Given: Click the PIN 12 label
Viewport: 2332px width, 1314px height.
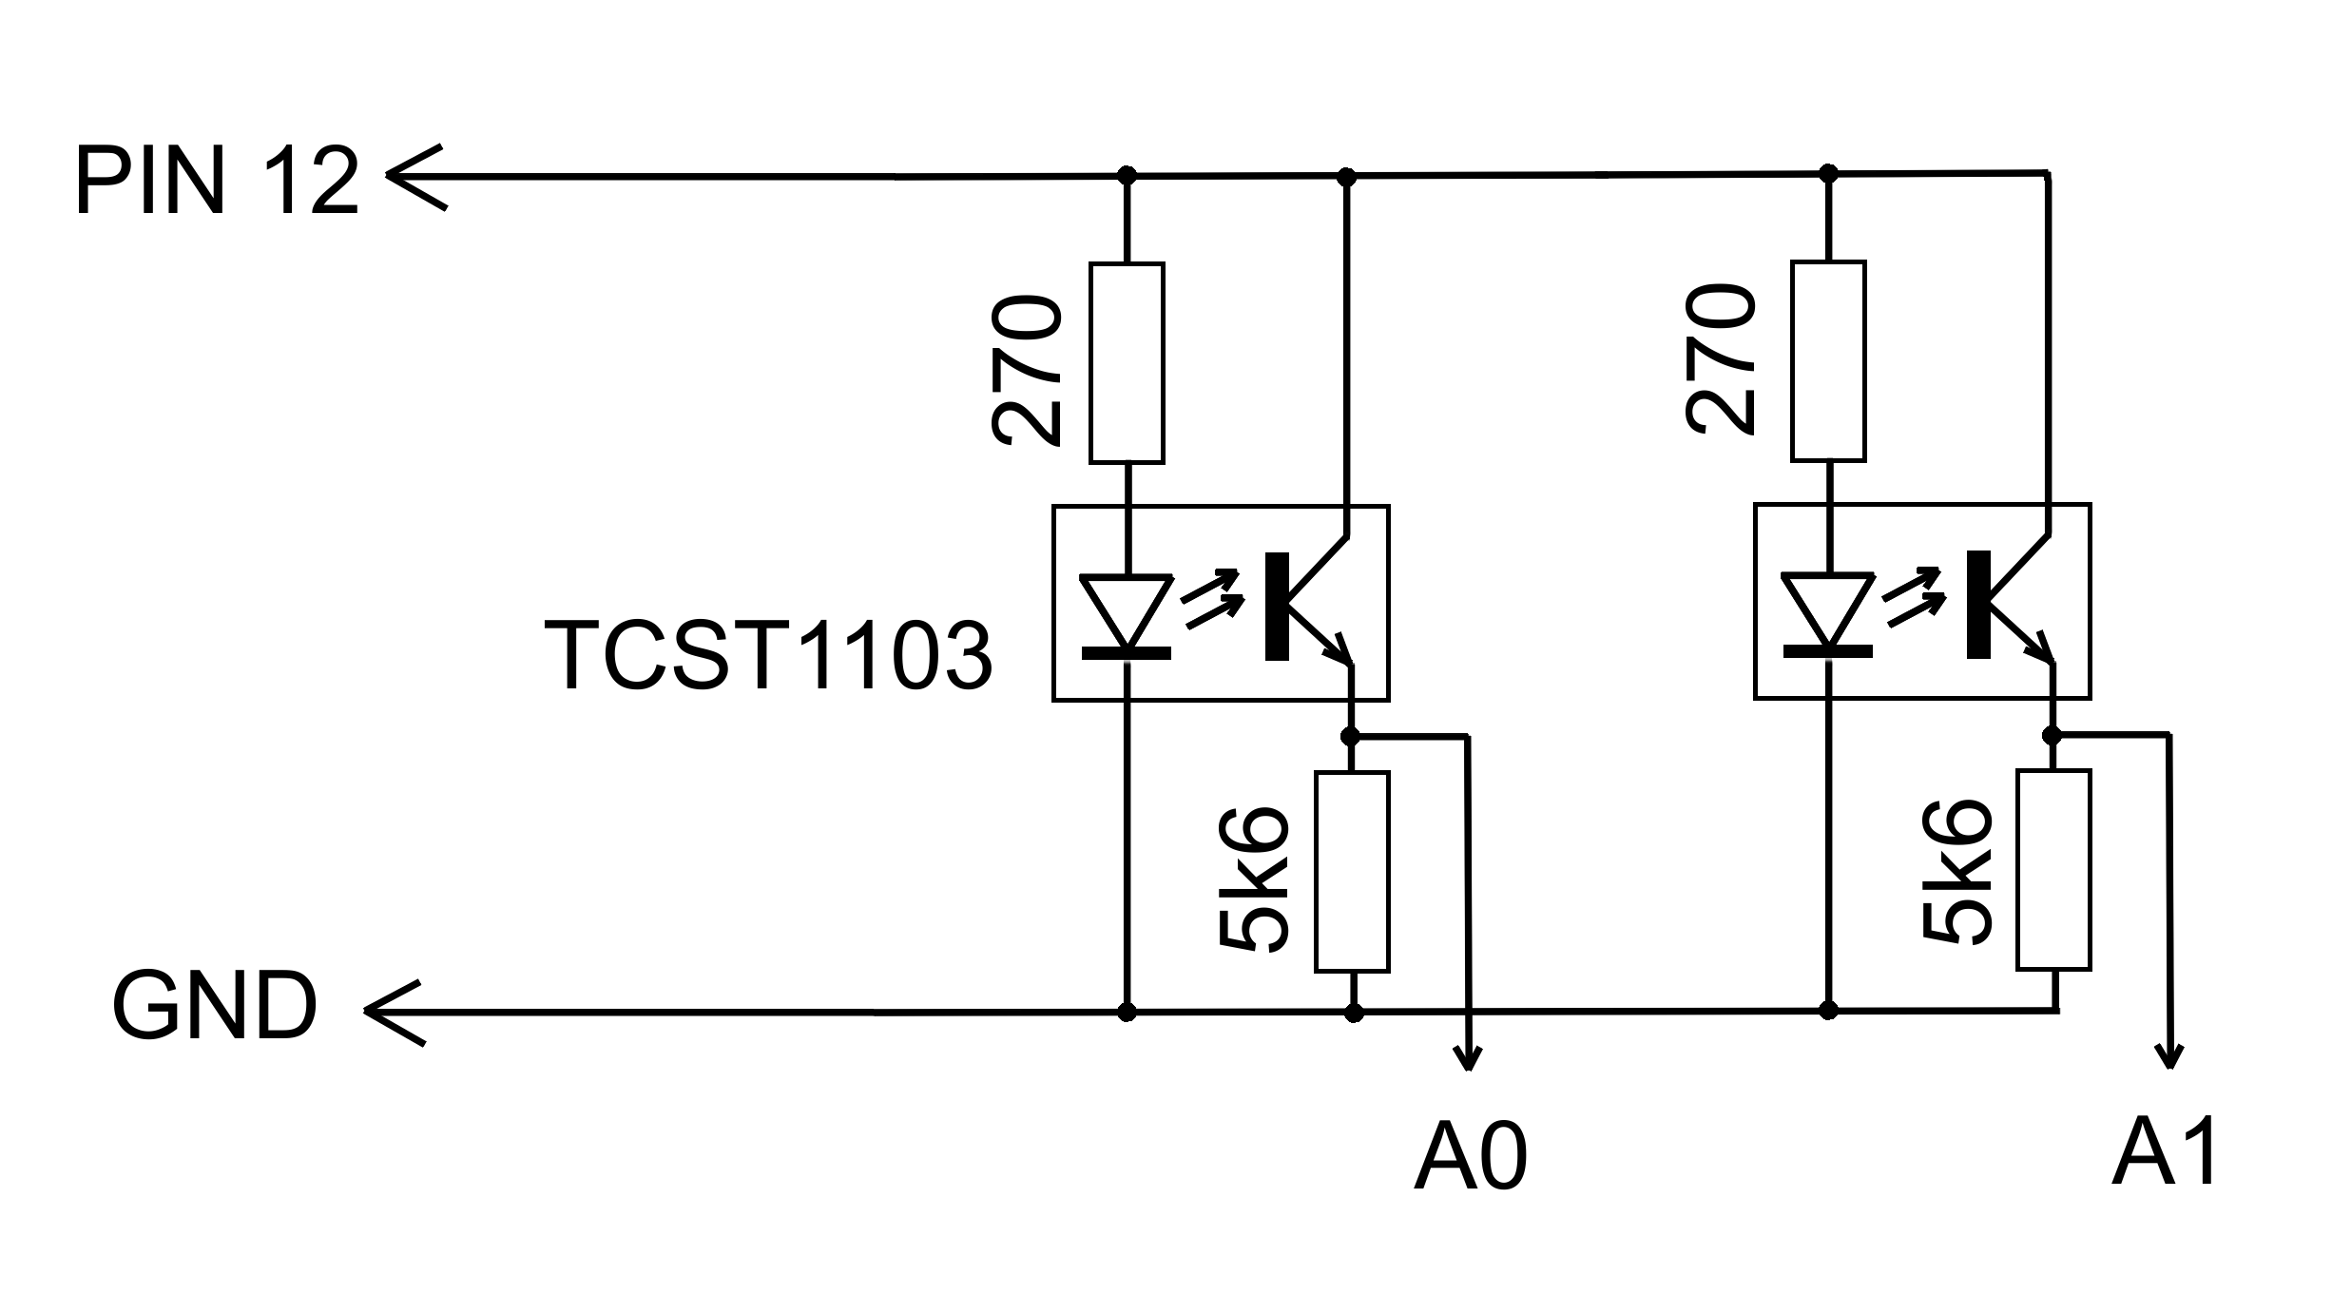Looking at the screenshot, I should coord(217,182).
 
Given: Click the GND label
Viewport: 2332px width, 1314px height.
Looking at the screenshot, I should coord(215,1007).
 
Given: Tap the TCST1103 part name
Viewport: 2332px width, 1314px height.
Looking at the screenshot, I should coord(768,656).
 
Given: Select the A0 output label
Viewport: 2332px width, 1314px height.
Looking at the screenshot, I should coord(1470,1160).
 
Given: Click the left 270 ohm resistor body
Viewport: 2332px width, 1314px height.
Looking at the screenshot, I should coord(1127,363).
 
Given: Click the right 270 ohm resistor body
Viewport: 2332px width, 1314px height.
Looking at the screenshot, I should coord(1827,361).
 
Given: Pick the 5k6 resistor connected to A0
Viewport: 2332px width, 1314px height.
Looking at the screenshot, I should coord(1352,872).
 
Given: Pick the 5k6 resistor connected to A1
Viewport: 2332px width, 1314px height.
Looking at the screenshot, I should coord(2053,870).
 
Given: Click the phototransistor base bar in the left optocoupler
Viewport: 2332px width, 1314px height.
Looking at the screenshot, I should coord(1277,606).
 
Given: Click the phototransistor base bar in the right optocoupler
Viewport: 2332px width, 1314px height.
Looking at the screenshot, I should coord(1977,604).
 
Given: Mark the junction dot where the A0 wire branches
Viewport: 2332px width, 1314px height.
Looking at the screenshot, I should coord(1350,737).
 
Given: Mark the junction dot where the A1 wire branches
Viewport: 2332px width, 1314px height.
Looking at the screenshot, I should coord(2052,735).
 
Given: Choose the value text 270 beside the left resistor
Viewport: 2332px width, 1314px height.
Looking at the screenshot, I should coord(1026,371).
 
